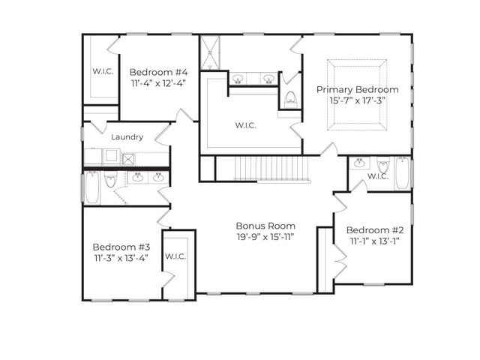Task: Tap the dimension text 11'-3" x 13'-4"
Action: point(121,258)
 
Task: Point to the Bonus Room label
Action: point(265,226)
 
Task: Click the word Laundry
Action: point(127,137)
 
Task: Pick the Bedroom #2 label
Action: point(375,229)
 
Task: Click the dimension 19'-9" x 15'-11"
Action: point(265,238)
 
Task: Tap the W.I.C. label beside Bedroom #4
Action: point(102,72)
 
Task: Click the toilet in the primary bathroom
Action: point(290,98)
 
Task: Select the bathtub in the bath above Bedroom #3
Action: point(91,188)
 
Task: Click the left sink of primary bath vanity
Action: point(238,78)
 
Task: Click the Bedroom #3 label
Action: point(121,246)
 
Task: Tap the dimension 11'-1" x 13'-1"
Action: point(375,241)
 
